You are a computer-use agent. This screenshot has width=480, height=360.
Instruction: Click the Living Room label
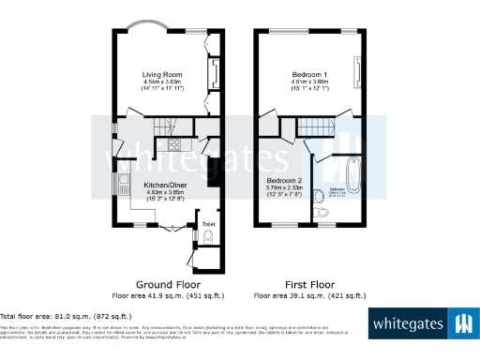[161, 74]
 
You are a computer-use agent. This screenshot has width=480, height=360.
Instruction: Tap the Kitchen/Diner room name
[163, 186]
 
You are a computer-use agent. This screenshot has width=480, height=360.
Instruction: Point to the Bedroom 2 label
[284, 180]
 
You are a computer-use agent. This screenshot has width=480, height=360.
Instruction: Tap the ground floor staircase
[165, 125]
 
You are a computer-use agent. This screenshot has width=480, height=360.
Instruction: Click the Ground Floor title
[169, 283]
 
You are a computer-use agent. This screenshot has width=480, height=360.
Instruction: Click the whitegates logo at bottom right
[423, 324]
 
